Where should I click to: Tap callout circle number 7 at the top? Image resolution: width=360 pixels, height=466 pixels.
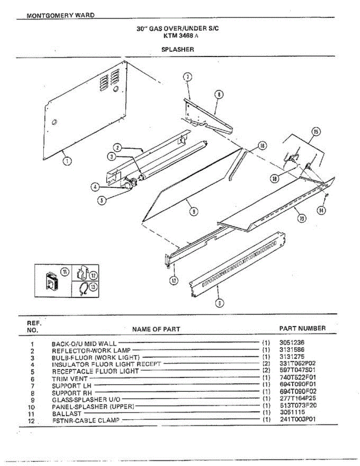[x=187, y=77]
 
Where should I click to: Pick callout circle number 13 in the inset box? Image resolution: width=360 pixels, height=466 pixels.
[x=93, y=287]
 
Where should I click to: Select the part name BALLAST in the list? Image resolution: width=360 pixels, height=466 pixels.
[x=67, y=413]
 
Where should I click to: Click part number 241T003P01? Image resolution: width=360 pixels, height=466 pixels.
[x=298, y=419]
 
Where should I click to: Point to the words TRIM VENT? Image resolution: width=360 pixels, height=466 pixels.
[x=70, y=378]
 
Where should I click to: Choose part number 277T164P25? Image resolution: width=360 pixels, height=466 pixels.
[x=298, y=399]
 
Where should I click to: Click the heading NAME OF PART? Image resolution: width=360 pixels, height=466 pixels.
[x=156, y=329]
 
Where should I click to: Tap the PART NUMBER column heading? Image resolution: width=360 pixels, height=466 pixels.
[x=303, y=328]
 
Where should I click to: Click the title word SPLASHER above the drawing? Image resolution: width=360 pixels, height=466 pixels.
[x=177, y=49]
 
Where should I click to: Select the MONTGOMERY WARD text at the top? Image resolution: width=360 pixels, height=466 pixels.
[x=61, y=16]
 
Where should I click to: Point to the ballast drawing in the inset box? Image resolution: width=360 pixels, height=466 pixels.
[x=52, y=281]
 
